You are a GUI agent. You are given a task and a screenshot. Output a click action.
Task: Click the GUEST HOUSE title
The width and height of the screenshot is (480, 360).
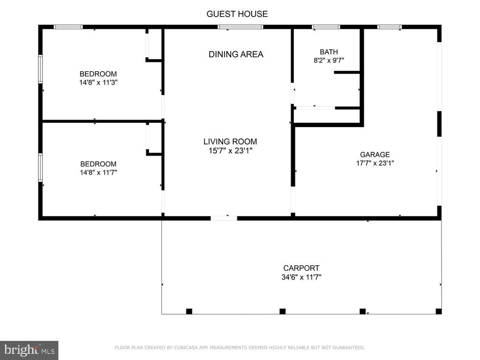(237, 14)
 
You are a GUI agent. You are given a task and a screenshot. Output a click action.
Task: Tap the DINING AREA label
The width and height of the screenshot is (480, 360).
(236, 54)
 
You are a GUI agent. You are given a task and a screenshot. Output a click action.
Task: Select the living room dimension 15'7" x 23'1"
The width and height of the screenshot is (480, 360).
(230, 150)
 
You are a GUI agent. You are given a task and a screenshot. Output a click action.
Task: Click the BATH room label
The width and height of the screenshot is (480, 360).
(329, 52)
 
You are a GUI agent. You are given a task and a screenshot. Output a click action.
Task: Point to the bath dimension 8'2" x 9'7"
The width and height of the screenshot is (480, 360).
(329, 60)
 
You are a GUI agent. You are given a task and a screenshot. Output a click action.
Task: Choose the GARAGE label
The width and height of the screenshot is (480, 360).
(375, 155)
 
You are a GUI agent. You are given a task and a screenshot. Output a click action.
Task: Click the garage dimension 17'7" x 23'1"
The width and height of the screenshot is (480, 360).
(375, 163)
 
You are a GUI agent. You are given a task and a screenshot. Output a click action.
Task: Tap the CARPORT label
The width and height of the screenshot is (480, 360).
(301, 268)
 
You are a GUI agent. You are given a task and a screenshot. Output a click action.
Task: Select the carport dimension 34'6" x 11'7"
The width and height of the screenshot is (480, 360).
(301, 277)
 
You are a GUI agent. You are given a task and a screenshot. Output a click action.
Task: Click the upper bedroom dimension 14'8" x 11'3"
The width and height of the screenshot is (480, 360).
(98, 82)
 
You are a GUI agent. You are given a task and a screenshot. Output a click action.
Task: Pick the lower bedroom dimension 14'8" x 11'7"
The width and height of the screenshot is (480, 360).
(98, 172)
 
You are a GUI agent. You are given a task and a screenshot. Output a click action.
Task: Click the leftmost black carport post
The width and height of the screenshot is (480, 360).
(189, 311)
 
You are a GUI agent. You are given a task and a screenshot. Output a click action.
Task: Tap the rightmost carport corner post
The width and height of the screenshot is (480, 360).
(438, 311)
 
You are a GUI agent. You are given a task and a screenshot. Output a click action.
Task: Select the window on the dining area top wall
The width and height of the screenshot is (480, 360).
(240, 27)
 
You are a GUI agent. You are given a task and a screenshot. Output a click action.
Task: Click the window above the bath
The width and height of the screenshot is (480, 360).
(326, 27)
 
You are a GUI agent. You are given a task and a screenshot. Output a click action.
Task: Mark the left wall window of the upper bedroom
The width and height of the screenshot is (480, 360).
(40, 69)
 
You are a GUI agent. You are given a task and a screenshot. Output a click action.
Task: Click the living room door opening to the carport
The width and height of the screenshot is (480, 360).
(224, 218)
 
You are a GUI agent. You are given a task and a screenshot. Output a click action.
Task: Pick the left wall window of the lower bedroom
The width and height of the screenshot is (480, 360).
(40, 167)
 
